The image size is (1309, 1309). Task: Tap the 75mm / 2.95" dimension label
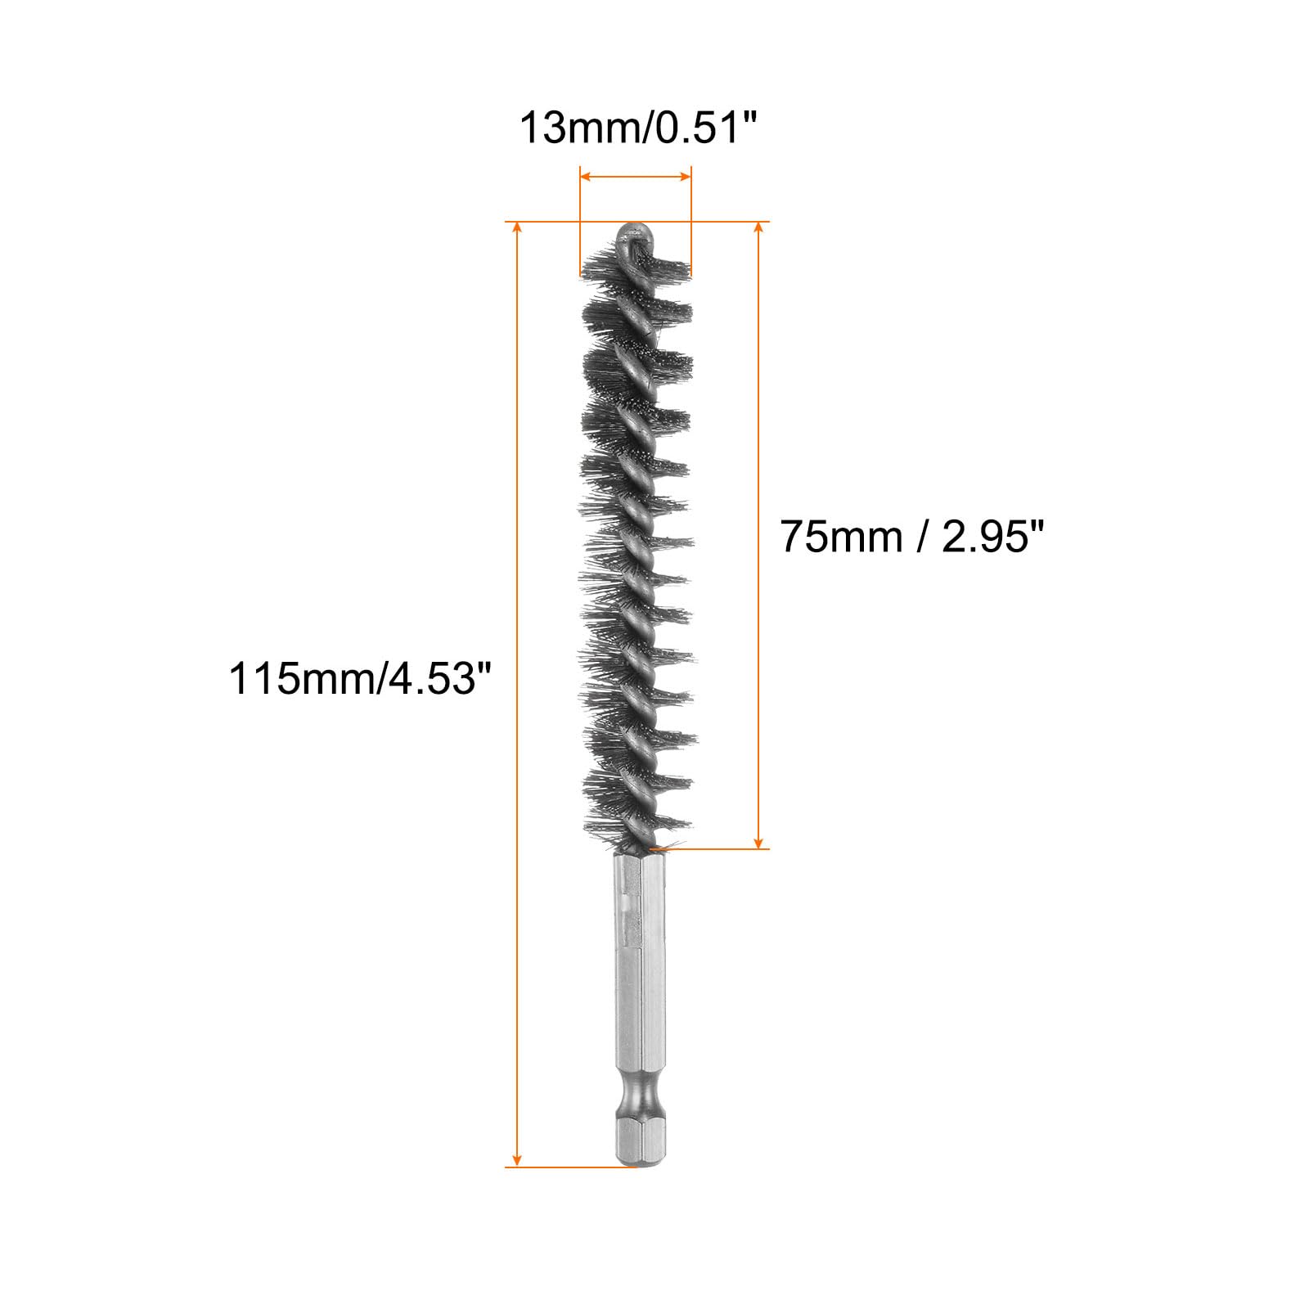pyautogui.click(x=913, y=537)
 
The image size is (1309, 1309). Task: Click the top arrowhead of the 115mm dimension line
pyautogui.click(x=516, y=228)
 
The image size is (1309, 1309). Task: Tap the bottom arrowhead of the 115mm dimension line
pyautogui.click(x=516, y=1158)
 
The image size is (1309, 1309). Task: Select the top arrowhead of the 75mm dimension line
pyautogui.click(x=758, y=228)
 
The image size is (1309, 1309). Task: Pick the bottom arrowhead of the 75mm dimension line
pyautogui.click(x=758, y=841)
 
